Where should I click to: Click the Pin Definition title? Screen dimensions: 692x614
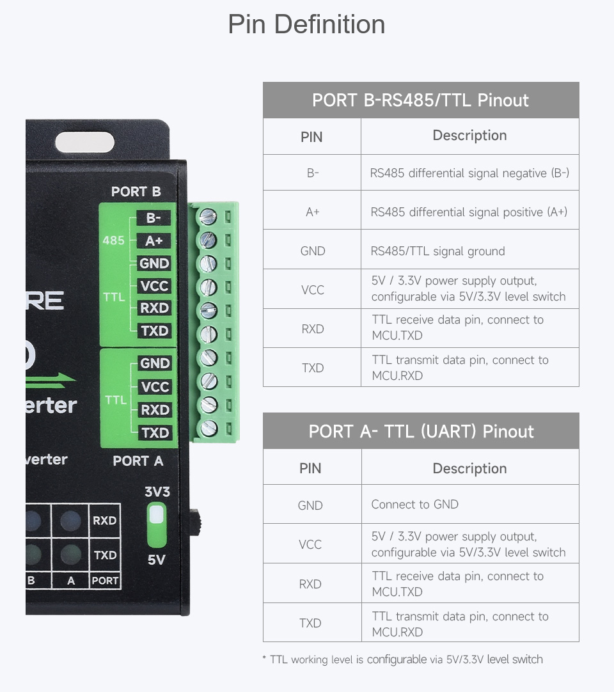pyautogui.click(x=306, y=25)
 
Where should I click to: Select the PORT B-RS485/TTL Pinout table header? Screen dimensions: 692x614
pyautogui.click(x=420, y=100)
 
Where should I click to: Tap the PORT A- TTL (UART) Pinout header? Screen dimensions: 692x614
pyautogui.click(x=420, y=431)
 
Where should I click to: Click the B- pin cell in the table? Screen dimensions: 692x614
pyautogui.click(x=312, y=173)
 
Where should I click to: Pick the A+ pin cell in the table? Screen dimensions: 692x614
pyautogui.click(x=312, y=212)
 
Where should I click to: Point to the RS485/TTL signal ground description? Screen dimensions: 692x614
pyautogui.click(x=437, y=251)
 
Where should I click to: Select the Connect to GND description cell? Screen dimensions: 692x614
pyautogui.click(x=414, y=505)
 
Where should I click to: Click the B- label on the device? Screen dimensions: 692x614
pyautogui.click(x=153, y=218)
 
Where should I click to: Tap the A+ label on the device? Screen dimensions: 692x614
pyautogui.click(x=153, y=240)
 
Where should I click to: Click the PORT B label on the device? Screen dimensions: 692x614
pyautogui.click(x=136, y=192)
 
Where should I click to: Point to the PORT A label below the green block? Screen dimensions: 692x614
pyautogui.click(x=138, y=461)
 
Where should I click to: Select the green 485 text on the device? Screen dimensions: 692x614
pyautogui.click(x=113, y=240)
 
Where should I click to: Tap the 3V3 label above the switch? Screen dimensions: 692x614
pyautogui.click(x=157, y=492)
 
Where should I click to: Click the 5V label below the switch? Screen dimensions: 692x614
pyautogui.click(x=156, y=560)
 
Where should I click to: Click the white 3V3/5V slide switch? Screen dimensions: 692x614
pyautogui.click(x=156, y=525)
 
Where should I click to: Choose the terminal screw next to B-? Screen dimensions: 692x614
pyautogui.click(x=208, y=217)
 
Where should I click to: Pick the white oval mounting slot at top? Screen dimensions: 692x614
pyautogui.click(x=84, y=142)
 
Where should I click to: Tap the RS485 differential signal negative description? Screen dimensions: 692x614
pyautogui.click(x=469, y=173)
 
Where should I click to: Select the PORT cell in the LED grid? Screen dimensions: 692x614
pyautogui.click(x=105, y=581)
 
